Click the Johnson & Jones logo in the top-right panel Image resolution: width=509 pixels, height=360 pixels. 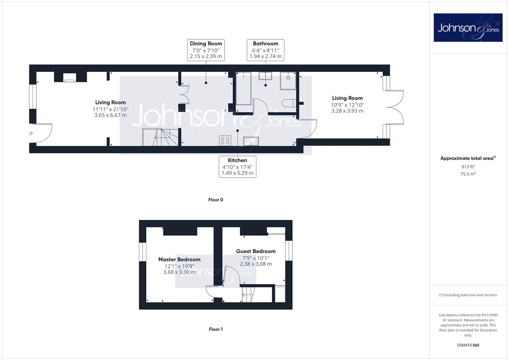pos(468,27)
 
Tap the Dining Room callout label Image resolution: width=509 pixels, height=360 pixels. pos(206,50)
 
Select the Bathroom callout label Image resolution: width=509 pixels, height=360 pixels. pos(265,50)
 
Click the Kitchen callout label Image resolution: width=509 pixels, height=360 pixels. pos(237,167)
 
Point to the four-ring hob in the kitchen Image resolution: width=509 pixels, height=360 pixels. pos(225,140)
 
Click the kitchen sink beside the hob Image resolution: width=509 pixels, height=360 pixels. pos(251,141)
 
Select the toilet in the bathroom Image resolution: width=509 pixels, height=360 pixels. pos(289,103)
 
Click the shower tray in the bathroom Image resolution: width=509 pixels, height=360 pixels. pos(288,81)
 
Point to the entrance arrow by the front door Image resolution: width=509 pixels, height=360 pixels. pos(30,133)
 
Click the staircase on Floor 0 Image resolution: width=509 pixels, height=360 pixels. pos(160,137)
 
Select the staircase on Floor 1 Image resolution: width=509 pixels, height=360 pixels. pos(249,295)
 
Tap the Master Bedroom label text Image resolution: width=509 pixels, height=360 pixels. pos(179,259)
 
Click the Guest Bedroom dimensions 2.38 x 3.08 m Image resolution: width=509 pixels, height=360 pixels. pos(256,264)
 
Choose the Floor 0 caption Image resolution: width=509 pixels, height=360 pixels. pos(216,200)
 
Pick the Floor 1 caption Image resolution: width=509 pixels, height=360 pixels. pos(216,329)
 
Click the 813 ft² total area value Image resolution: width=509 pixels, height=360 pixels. pos(468,167)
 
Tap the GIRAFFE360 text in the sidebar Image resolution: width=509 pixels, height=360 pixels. pos(468,345)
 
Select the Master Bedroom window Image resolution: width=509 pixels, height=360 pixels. pos(142,252)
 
